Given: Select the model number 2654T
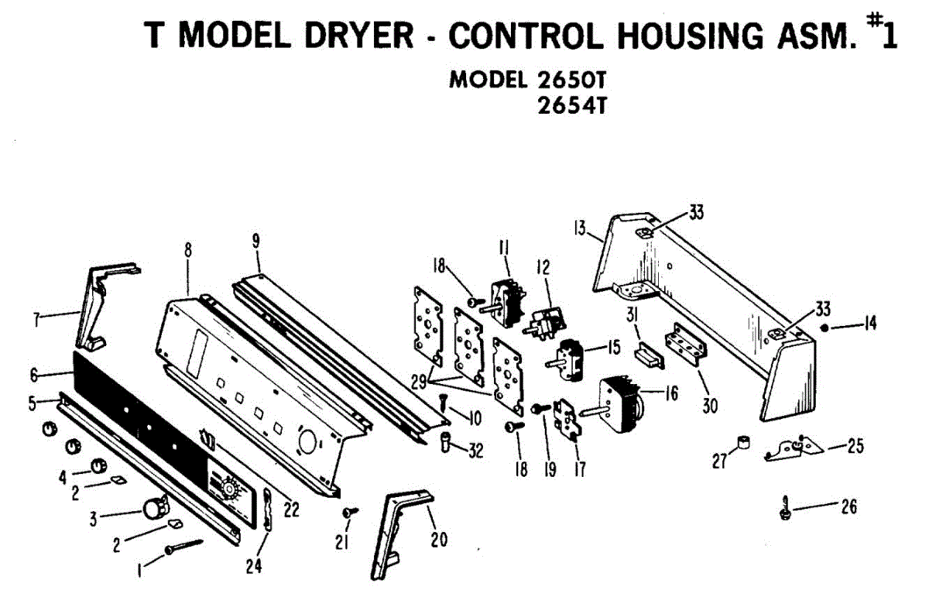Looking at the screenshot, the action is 571,104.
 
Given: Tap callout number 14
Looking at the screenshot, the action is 870,325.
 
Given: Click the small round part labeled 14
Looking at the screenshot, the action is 824,328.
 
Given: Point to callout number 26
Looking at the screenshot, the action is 848,507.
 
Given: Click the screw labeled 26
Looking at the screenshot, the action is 786,509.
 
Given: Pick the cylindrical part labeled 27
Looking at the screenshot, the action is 744,444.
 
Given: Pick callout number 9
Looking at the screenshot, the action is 255,240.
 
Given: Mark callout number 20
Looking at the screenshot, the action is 439,540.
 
